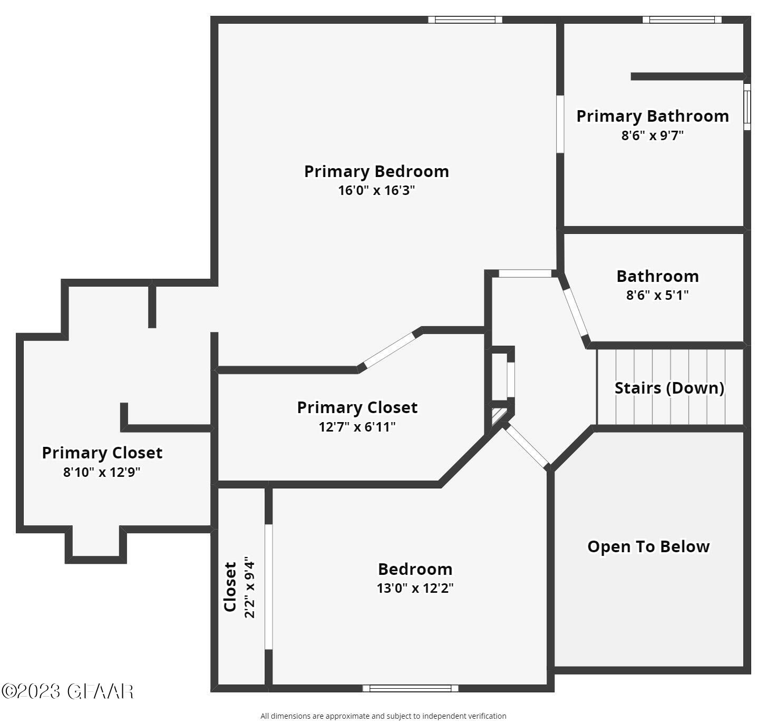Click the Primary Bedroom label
coord(376,171)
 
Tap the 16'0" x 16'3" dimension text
coord(376,190)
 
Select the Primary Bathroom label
coord(652,116)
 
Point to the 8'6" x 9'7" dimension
coord(652,135)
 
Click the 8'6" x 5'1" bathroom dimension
coord(657,295)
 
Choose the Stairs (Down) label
coord(669,388)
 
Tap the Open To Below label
coord(648,546)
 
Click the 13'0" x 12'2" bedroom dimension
coord(415,588)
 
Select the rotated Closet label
coord(230,587)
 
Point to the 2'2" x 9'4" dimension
coord(249,587)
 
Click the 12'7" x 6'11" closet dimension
coord(357,427)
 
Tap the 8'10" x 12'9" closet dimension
coord(102,472)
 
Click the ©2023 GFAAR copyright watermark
coord(67,691)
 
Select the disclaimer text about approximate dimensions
coord(383,716)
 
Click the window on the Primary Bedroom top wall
coord(464,20)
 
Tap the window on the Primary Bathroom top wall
coord(682,20)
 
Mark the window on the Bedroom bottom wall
coord(410,688)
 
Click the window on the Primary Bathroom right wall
coord(747,107)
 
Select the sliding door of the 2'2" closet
coord(268,586)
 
